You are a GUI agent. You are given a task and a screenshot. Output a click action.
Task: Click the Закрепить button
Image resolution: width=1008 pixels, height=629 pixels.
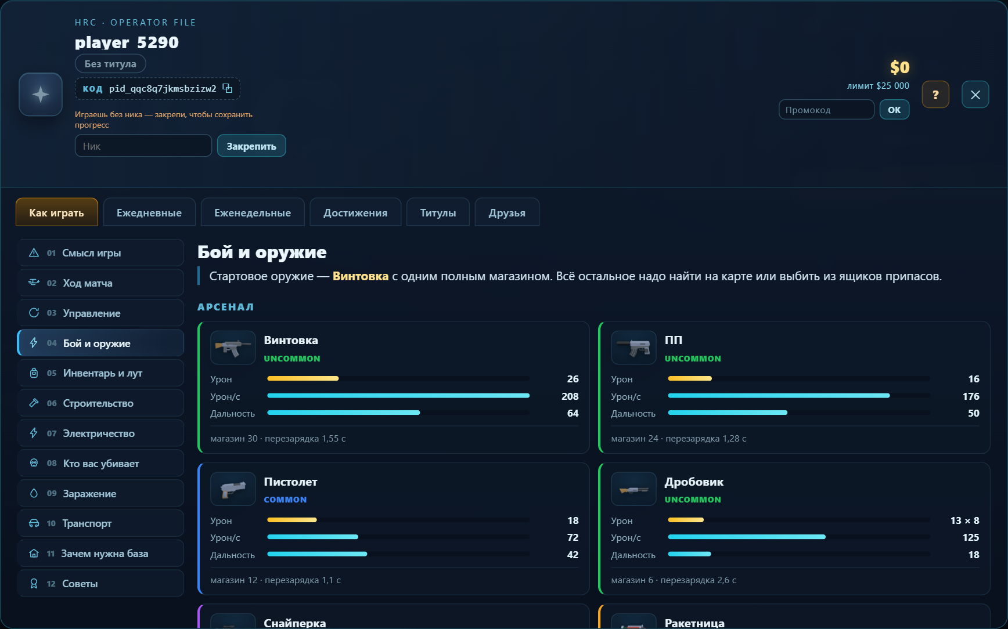[251, 146]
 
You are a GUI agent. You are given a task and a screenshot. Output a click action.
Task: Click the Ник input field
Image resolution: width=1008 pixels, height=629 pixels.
[143, 146]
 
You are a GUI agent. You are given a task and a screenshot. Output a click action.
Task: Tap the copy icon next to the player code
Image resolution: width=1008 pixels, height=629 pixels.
[228, 88]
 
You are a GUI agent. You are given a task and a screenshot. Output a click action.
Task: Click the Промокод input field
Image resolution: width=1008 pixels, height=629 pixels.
[826, 110]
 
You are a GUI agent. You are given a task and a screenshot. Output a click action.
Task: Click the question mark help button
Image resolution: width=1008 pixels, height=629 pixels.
[935, 95]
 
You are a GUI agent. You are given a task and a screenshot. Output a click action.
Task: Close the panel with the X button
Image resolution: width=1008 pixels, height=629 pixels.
[975, 95]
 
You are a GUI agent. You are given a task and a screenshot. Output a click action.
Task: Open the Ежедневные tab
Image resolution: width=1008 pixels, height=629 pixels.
[149, 212]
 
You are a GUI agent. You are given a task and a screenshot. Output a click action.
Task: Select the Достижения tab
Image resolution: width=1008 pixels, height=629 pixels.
[355, 212]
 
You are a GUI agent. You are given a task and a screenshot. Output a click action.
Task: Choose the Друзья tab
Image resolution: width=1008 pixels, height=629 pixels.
[507, 212]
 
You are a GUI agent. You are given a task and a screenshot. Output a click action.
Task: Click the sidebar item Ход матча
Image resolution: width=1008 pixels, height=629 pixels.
[100, 283]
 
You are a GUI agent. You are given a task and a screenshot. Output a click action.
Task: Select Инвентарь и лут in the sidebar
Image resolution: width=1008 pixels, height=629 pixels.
[100, 373]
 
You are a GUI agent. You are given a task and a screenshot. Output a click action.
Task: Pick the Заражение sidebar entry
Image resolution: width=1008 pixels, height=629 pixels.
[100, 493]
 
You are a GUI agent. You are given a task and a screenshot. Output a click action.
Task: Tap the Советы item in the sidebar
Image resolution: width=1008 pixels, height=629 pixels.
[100, 584]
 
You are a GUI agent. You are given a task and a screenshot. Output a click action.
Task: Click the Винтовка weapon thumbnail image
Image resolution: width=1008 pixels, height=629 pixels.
[233, 348]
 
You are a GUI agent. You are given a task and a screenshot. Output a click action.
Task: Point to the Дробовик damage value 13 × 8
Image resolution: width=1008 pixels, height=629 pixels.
[964, 520]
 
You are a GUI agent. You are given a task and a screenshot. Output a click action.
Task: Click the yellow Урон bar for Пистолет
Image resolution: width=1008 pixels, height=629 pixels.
[292, 520]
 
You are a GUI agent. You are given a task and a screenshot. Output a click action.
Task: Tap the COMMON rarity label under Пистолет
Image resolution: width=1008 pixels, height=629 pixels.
[285, 500]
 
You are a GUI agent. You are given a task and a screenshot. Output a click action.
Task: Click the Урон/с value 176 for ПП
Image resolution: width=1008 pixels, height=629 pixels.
[971, 396]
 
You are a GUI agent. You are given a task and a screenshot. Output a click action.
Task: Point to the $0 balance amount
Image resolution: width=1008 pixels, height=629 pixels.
[900, 67]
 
